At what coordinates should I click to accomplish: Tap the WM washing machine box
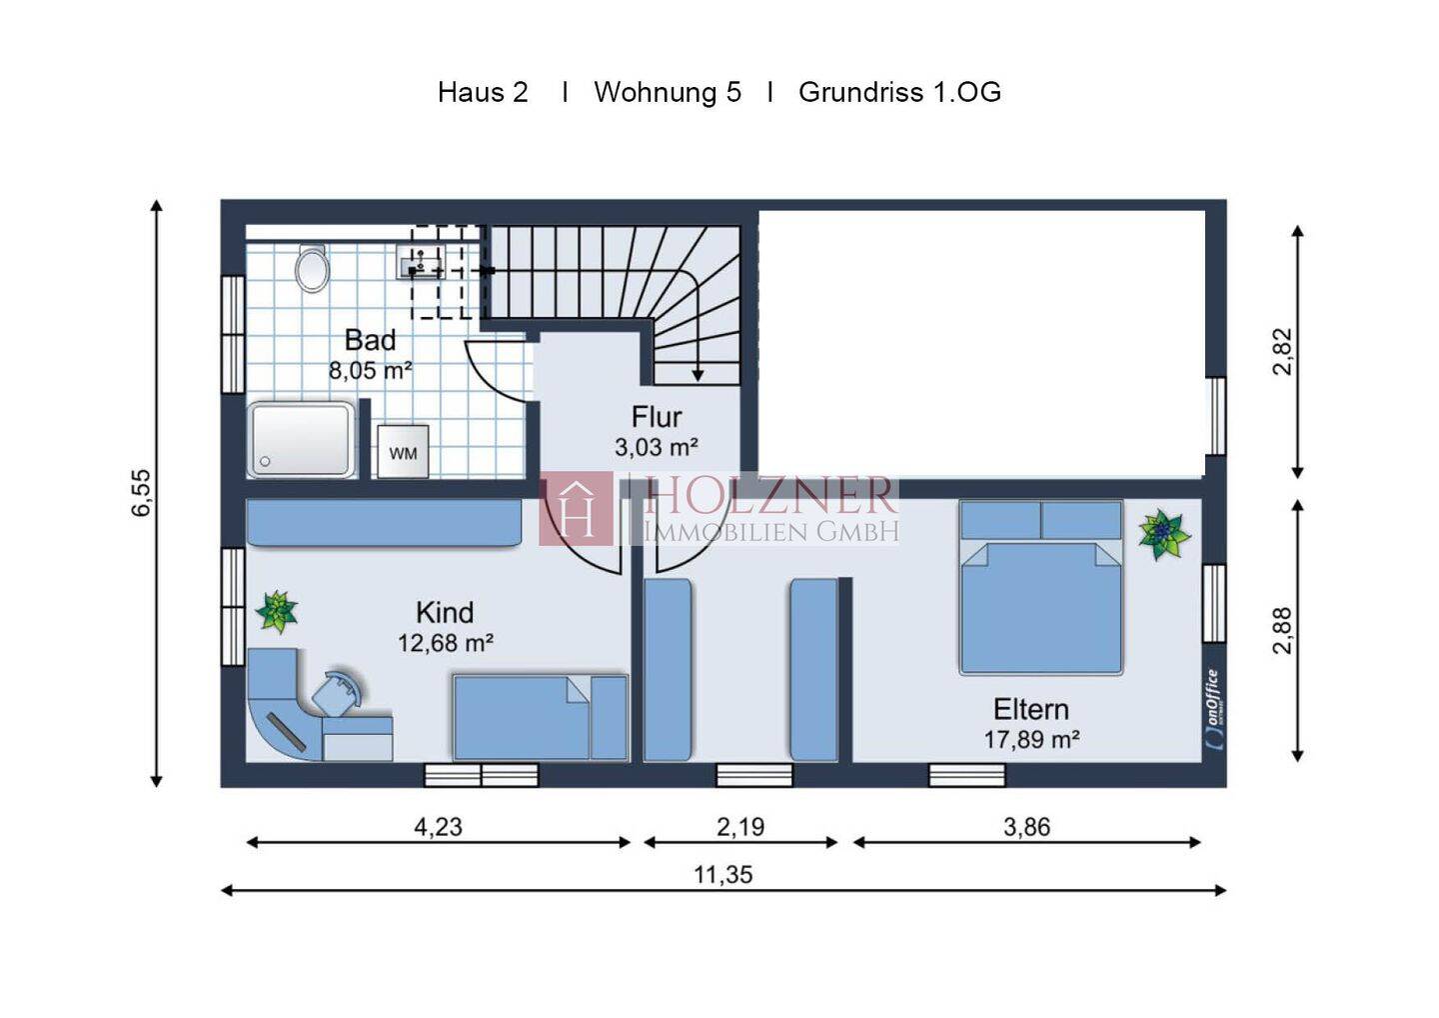pos(403,452)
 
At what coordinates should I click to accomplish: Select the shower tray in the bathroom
pos(302,440)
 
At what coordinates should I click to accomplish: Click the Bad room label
pos(370,340)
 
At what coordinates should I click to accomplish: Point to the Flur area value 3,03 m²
pos(656,447)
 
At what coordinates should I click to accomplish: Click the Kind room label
pos(445,612)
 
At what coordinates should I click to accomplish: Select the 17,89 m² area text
pos(1031,740)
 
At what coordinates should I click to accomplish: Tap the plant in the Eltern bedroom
pos(1164,534)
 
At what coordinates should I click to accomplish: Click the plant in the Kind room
pos(277,611)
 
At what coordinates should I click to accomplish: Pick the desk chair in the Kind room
pos(339,692)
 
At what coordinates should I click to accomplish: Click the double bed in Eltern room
pos(1041,587)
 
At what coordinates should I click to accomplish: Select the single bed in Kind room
pos(540,717)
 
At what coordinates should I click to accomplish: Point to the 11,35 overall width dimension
pos(723,875)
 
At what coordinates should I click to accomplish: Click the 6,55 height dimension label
pos(141,492)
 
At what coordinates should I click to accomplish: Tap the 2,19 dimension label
pos(740,826)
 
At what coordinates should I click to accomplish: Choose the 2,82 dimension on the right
pos(1281,352)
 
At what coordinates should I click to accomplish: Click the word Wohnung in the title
pos(655,92)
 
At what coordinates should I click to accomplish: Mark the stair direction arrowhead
pos(698,375)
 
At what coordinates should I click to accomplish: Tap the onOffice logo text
pos(1211,710)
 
